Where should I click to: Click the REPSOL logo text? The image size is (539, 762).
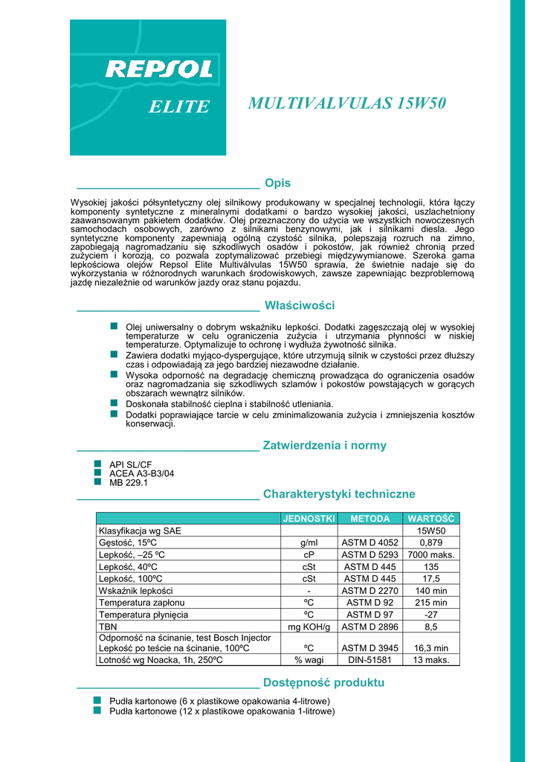159,69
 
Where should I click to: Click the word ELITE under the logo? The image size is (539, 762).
179,107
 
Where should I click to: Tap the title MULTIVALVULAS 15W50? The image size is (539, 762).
346,103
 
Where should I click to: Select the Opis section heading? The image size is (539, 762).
277,183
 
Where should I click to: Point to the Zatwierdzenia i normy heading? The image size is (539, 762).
325,446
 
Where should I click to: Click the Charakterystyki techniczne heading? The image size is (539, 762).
339,494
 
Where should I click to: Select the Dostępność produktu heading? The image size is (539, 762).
323,683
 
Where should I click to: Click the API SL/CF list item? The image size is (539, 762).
130,465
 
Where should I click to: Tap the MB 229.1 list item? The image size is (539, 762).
129,483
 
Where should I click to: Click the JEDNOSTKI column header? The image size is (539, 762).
309,518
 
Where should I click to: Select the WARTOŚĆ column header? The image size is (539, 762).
431,518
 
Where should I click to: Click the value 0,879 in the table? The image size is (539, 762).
431,543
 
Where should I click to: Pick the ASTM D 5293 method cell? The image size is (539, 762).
369,555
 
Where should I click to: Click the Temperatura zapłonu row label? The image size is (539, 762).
142,603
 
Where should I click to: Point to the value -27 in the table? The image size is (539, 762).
431,615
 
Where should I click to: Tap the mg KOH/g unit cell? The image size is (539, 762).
309,627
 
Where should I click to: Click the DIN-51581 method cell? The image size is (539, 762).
369,660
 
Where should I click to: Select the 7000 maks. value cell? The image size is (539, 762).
431,555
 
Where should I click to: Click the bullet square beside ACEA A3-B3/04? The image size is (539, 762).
97,473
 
